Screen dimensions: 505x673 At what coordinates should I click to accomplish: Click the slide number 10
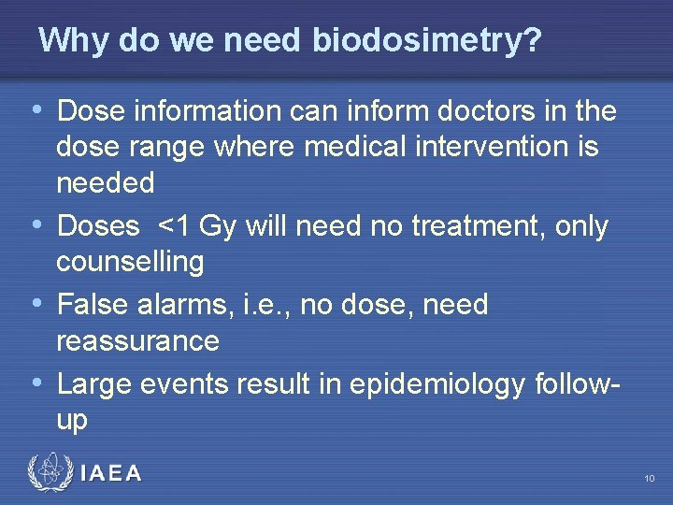pyautogui.click(x=649, y=479)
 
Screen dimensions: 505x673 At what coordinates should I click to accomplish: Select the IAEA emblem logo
pyautogui.click(x=50, y=472)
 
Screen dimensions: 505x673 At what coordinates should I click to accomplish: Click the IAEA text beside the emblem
pyautogui.click(x=111, y=474)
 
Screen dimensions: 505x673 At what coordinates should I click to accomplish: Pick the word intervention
pyautogui.click(x=502, y=148)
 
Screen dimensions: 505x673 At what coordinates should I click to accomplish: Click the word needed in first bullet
pyautogui.click(x=106, y=183)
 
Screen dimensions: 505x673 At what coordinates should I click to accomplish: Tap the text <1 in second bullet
pyautogui.click(x=178, y=227)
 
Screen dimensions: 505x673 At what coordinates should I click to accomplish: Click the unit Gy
pyautogui.click(x=220, y=227)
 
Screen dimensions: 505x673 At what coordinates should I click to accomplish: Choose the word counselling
pyautogui.click(x=130, y=262)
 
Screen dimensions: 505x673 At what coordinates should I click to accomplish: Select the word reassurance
pyautogui.click(x=137, y=340)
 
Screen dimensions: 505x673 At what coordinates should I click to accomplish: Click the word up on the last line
pyautogui.click(x=72, y=420)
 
